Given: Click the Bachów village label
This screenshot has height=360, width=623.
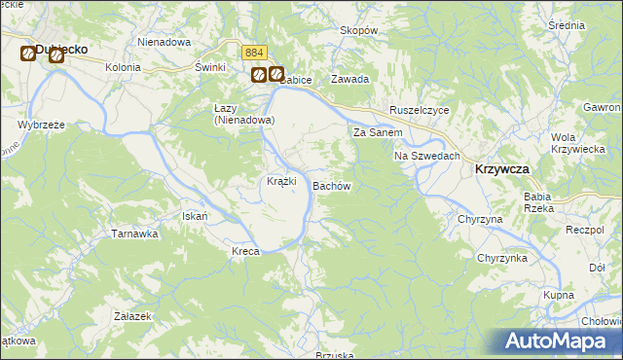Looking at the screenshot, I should point(330,185).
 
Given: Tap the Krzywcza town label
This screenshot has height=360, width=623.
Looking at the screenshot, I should point(502,169).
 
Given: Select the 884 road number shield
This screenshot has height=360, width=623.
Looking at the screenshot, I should point(254,53).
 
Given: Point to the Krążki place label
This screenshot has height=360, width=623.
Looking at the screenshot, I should point(281,182).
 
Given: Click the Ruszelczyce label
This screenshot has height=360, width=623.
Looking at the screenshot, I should point(419,111).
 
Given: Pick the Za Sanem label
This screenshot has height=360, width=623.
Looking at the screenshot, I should point(378,132).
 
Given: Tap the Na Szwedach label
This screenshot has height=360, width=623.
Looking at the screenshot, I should point(426,156).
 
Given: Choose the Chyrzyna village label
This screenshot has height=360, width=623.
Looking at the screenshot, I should point(480,220).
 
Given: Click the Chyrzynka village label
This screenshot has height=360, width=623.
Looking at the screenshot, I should point(501,258).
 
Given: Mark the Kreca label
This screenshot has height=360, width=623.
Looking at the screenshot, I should point(245,252).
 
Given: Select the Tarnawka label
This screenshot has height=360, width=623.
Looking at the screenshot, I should point(134,234).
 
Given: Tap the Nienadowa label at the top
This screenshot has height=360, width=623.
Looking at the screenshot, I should point(163,43).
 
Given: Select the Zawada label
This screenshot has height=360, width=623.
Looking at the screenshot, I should point(348,80).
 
